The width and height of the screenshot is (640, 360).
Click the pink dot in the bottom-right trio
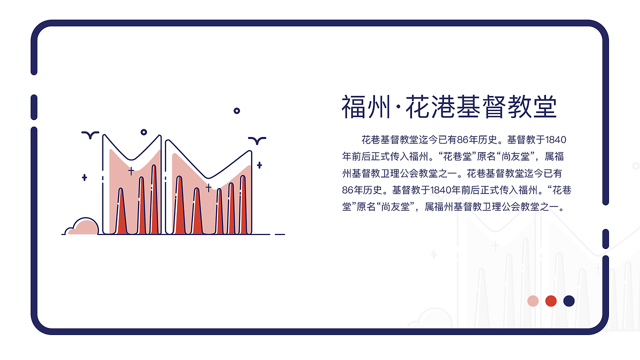(533, 301)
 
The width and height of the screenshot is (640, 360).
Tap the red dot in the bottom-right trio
(551, 301)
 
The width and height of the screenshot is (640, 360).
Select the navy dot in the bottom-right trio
(569, 301)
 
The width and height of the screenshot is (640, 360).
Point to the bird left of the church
(90, 134)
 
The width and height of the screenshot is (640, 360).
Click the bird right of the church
(257, 140)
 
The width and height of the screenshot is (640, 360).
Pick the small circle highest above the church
(237, 110)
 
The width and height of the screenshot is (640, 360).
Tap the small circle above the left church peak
(144, 132)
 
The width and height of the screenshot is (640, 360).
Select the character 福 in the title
(354, 106)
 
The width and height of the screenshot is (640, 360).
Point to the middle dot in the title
(398, 107)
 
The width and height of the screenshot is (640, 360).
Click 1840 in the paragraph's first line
(555, 139)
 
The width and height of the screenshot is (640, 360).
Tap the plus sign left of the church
(84, 177)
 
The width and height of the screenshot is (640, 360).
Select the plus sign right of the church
(259, 165)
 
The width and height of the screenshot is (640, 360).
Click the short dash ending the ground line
(280, 234)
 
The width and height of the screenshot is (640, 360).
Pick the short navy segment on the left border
(34, 107)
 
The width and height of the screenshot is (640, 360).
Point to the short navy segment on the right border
(605, 238)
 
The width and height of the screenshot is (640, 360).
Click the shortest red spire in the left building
(120, 212)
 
